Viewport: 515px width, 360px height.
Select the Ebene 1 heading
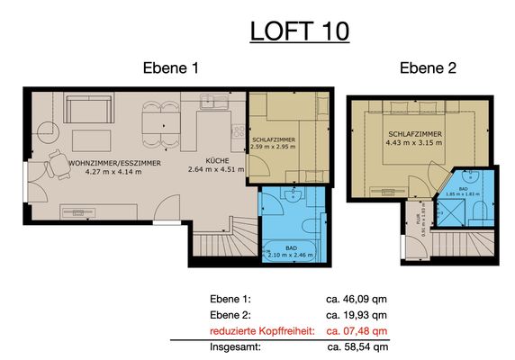coord(170,68)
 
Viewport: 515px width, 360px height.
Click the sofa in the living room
coord(86,112)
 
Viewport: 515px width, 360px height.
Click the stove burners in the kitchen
coord(238,132)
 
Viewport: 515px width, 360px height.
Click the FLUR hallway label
coord(418,229)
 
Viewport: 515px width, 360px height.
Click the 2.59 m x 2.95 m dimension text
coord(274,149)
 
